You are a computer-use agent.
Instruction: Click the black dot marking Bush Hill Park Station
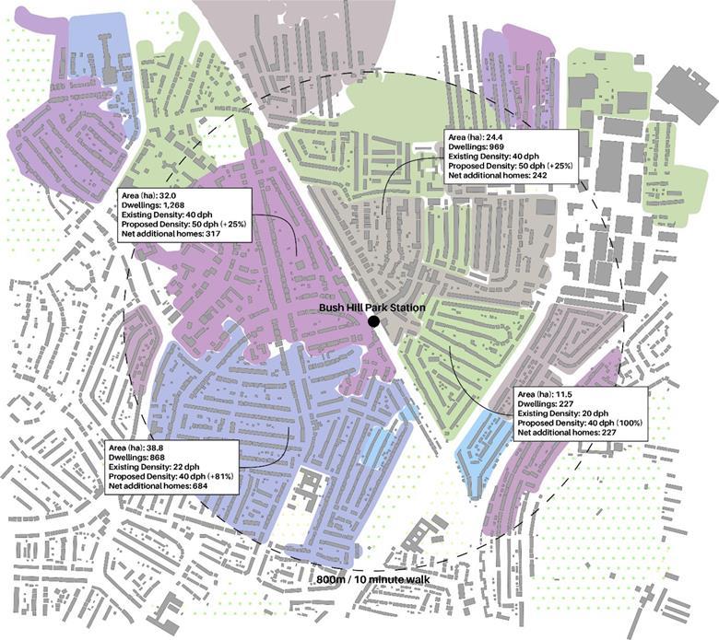click(373, 320)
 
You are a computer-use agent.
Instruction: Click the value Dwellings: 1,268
click(153, 205)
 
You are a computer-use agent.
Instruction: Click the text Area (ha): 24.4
click(478, 135)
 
